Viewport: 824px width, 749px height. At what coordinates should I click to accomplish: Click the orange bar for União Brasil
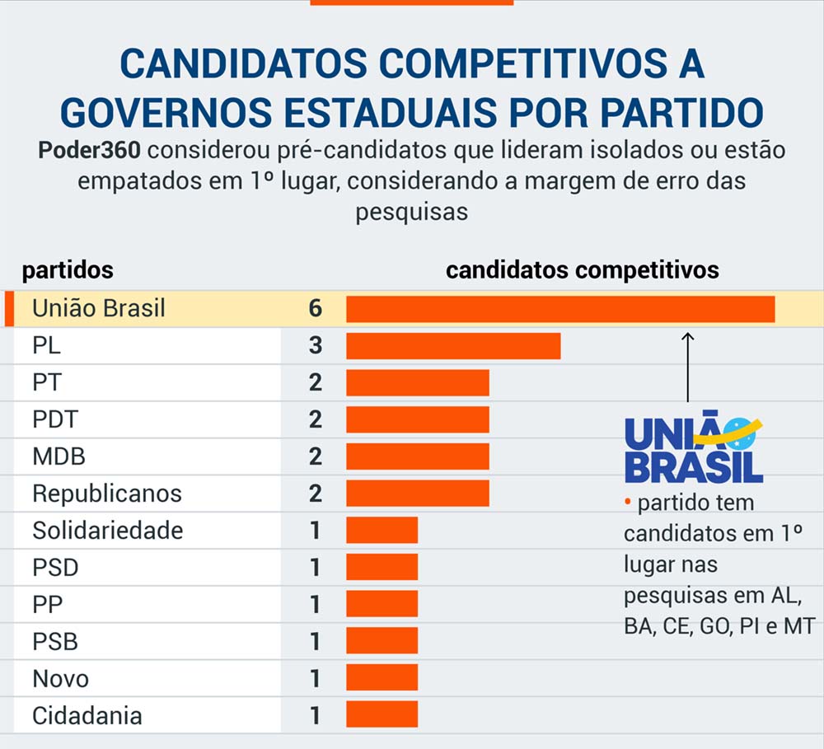(560, 308)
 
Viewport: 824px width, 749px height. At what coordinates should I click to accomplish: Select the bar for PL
(453, 346)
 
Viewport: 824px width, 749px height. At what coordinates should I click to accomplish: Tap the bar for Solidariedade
(382, 530)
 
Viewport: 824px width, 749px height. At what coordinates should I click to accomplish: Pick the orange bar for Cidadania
(382, 714)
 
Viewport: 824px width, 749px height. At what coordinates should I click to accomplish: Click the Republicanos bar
(417, 493)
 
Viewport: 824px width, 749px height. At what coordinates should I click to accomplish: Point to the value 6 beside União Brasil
(315, 308)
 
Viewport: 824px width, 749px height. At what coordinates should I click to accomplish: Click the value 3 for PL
(315, 346)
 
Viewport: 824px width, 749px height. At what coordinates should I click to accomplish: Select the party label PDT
(55, 419)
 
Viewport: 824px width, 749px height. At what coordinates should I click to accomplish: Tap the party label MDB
(59, 456)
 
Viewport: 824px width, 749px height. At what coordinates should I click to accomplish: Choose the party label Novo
(60, 678)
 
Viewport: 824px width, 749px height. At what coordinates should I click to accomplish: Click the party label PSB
(55, 641)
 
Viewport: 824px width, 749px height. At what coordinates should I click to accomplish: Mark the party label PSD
(55, 567)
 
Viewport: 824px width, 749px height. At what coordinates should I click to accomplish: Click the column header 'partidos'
(68, 270)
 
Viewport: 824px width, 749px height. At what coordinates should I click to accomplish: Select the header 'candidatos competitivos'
(582, 270)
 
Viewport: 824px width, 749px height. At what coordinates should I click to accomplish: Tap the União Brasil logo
(693, 449)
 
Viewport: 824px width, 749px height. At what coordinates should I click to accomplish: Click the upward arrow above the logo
(688, 367)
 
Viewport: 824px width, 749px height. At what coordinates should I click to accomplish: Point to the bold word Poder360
(92, 152)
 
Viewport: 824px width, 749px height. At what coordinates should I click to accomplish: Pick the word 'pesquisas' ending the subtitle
(411, 212)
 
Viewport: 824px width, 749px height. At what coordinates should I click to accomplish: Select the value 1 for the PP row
(315, 604)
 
